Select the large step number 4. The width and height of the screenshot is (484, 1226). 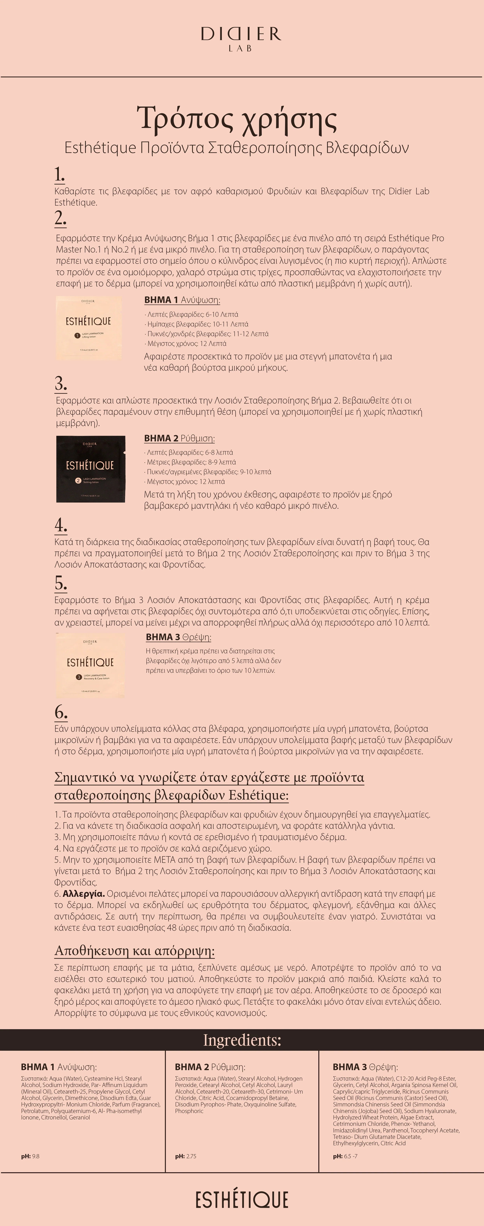point(61,525)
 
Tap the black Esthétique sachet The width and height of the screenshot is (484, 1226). point(91,469)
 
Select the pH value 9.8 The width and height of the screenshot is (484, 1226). point(36,1156)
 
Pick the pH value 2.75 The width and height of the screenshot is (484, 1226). point(191,1156)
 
